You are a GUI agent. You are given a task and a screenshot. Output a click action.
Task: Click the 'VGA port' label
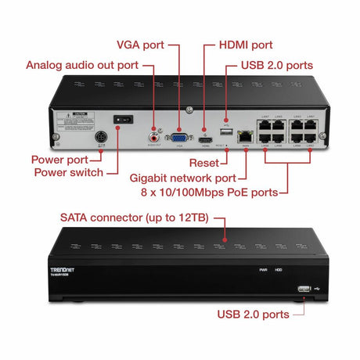tap(140, 45)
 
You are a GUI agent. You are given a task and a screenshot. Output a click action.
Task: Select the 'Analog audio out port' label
tap(81, 64)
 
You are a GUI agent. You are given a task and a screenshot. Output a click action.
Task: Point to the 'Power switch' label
tap(67, 172)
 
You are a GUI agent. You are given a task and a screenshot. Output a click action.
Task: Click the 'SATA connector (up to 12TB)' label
tap(133, 216)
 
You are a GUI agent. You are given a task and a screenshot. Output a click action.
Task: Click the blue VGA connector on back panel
tap(181, 133)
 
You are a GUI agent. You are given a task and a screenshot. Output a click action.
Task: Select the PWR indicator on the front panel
tap(264, 270)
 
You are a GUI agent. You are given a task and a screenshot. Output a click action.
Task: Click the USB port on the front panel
tap(303, 289)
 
